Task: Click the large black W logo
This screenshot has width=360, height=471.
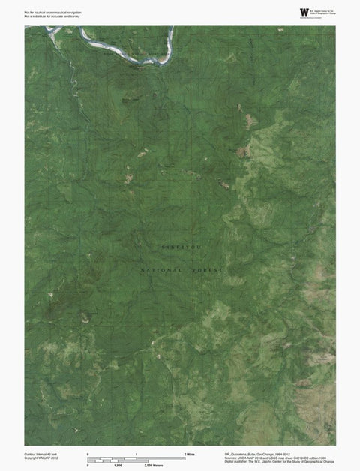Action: pos(304,11)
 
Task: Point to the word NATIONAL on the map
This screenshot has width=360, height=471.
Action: pos(161,268)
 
